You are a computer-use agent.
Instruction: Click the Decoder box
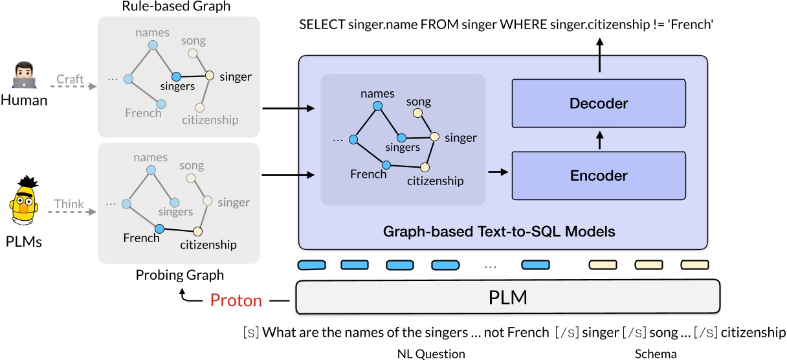click(598, 104)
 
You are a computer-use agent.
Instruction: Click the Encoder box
click(598, 175)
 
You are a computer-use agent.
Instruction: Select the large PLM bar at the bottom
click(507, 298)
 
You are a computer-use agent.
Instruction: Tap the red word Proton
click(236, 300)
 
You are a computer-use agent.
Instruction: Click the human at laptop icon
click(24, 76)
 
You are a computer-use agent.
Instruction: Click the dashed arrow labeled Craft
click(71, 85)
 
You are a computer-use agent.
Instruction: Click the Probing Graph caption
click(179, 275)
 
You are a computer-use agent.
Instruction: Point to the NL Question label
click(430, 354)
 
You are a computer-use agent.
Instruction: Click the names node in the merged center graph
click(377, 106)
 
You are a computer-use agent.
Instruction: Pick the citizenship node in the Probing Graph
click(198, 231)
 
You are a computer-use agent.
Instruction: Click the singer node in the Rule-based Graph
click(210, 76)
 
